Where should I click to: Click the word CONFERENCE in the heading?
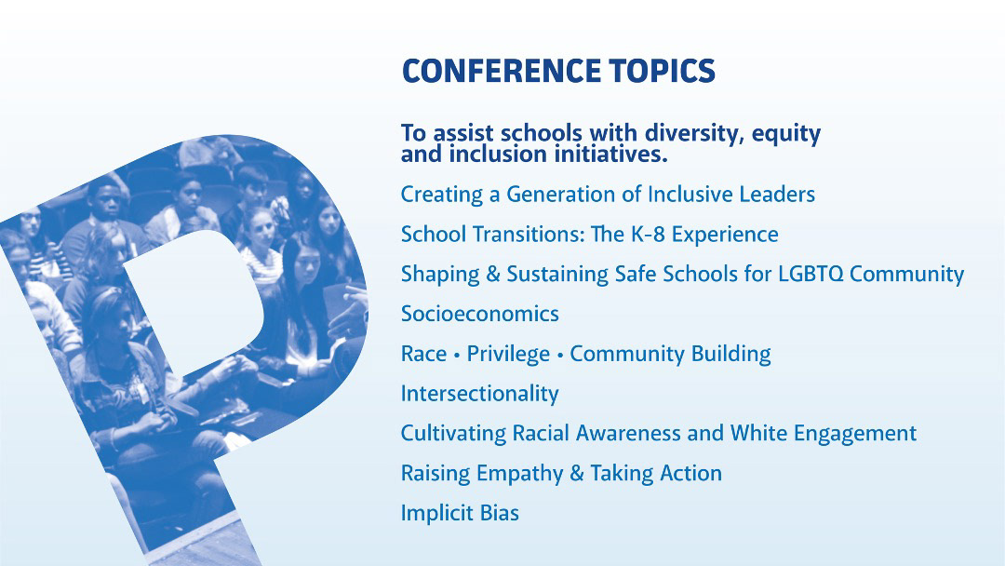click(502, 71)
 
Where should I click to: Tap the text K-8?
click(648, 234)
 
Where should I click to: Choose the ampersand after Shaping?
click(493, 274)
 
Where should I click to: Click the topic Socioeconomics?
click(479, 314)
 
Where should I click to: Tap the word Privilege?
click(508, 354)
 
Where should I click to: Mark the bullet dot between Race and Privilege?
click(457, 355)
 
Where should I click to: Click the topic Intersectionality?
click(479, 393)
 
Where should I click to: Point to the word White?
click(759, 433)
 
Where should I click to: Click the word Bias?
click(500, 513)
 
